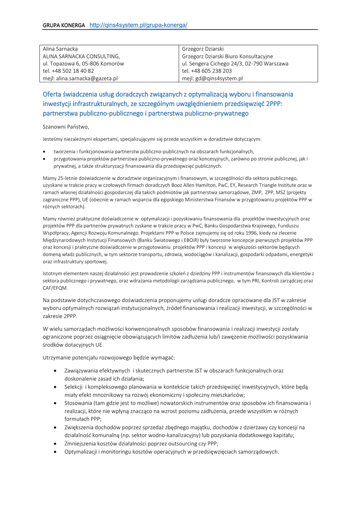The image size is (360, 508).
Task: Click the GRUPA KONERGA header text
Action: pos(64,25)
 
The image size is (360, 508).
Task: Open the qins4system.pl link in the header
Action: pos(138,25)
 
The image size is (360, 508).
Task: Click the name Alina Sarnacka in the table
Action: pos(61,49)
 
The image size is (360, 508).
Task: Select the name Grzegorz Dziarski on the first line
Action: pos(203,49)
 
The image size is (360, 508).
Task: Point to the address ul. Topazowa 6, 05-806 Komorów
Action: pos(83,63)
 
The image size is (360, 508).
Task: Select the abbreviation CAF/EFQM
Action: pos(56,288)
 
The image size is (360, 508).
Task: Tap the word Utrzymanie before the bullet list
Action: pos(58,358)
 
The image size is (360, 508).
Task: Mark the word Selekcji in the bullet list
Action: pos(74,386)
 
